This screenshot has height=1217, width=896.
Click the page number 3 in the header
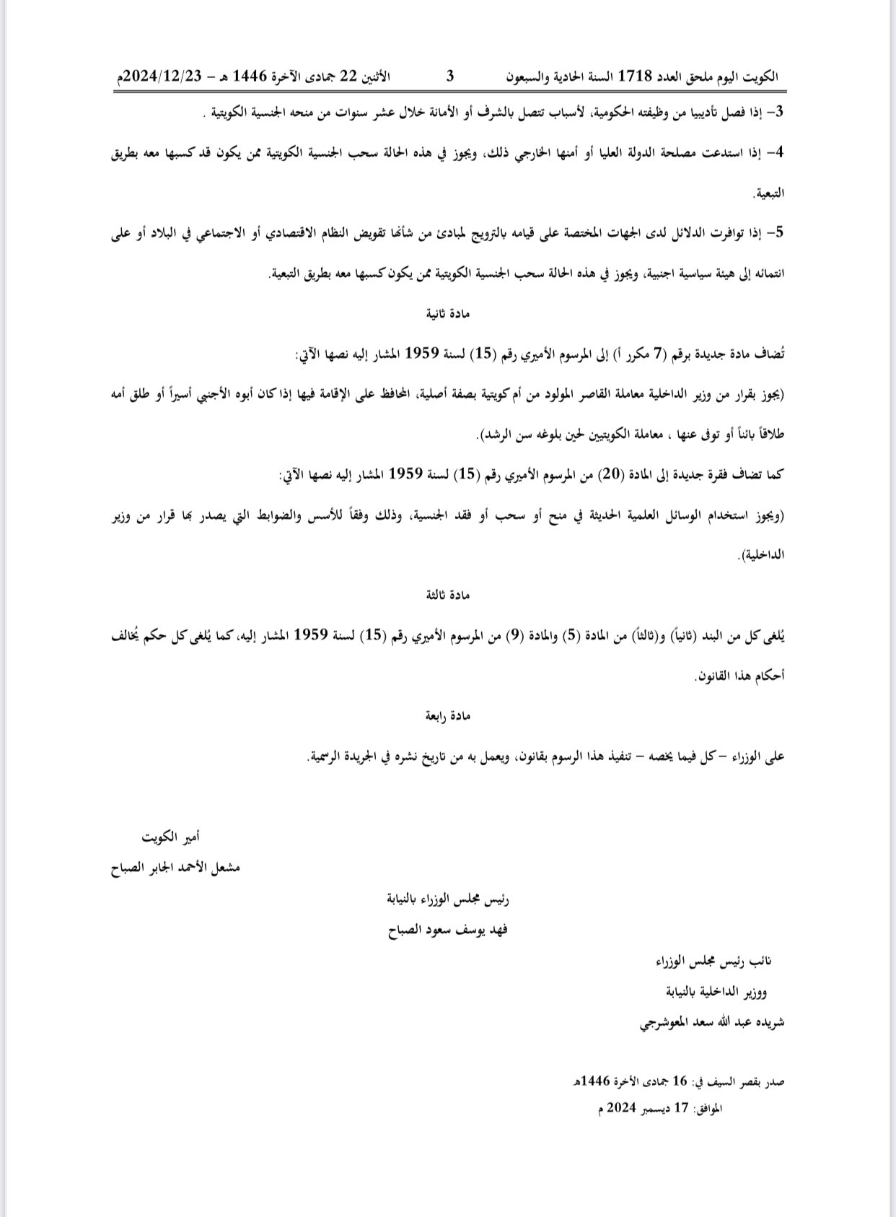(x=450, y=76)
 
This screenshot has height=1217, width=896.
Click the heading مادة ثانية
(x=450, y=314)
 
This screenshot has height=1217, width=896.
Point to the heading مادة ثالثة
(x=450, y=595)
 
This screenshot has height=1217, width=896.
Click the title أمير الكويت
(x=170, y=837)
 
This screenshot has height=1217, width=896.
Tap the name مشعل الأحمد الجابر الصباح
(x=175, y=867)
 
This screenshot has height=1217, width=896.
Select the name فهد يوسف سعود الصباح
(x=448, y=929)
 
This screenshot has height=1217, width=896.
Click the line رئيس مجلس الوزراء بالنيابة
(x=449, y=899)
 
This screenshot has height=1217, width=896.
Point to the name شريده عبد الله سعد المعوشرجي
(x=712, y=1022)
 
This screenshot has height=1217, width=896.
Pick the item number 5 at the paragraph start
(x=778, y=233)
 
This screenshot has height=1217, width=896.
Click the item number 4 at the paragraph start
(x=778, y=153)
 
